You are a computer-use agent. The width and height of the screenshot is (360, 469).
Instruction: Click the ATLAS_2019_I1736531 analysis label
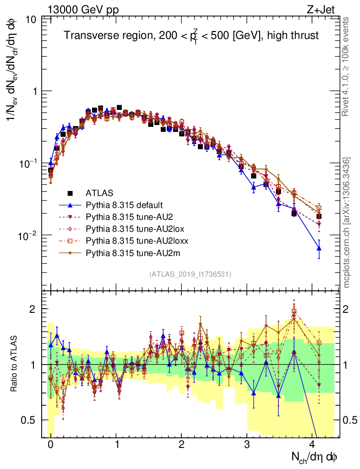pyautogui.click(x=190, y=274)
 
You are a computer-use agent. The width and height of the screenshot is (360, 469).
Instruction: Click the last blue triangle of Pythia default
pyautogui.click(x=319, y=248)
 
